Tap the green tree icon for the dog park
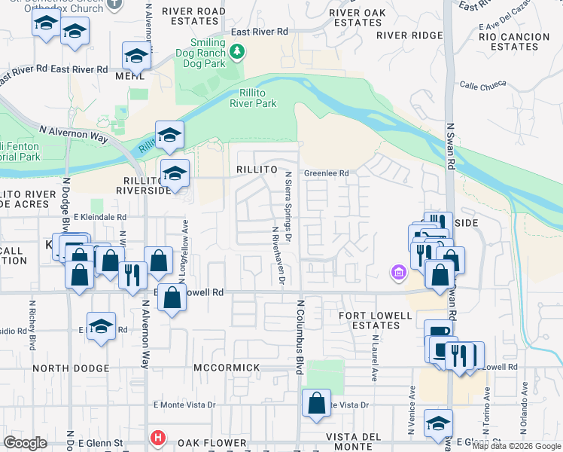coord(238,52)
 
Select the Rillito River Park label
coord(253,98)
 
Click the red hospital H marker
coord(157,438)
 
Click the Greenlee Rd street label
coord(326,173)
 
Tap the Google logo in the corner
coord(25,443)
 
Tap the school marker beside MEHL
coord(137,56)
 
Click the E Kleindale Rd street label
coord(99,217)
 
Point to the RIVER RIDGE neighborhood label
coord(409,35)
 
